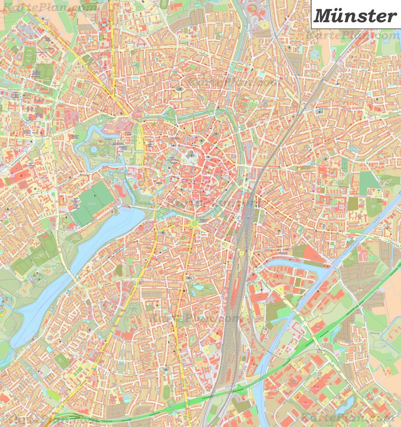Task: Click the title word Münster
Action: [x=355, y=15]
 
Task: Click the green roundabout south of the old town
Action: [x=193, y=223]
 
